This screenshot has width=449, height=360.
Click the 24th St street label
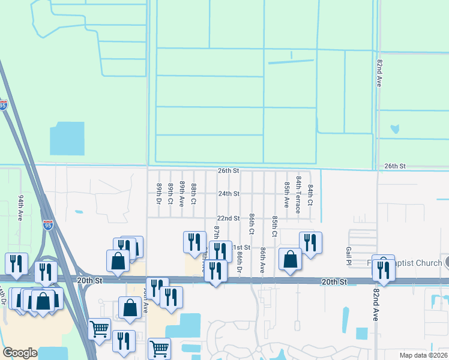pyautogui.click(x=228, y=194)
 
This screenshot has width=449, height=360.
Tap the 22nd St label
pyautogui.click(x=228, y=218)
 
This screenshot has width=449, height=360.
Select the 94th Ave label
pyautogui.click(x=20, y=208)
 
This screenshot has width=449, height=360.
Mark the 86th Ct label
pyautogui.click(x=252, y=223)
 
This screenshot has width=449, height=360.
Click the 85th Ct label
pyautogui.click(x=274, y=226)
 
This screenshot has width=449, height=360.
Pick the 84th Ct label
pyautogui.click(x=310, y=194)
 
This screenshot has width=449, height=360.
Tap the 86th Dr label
pyautogui.click(x=239, y=262)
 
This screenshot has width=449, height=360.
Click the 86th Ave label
pyautogui.click(x=262, y=262)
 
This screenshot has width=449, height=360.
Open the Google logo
pyautogui.click(x=20, y=353)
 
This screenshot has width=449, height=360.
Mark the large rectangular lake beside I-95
pyautogui.click(x=67, y=139)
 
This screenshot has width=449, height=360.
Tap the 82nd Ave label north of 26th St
pyautogui.click(x=379, y=73)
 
